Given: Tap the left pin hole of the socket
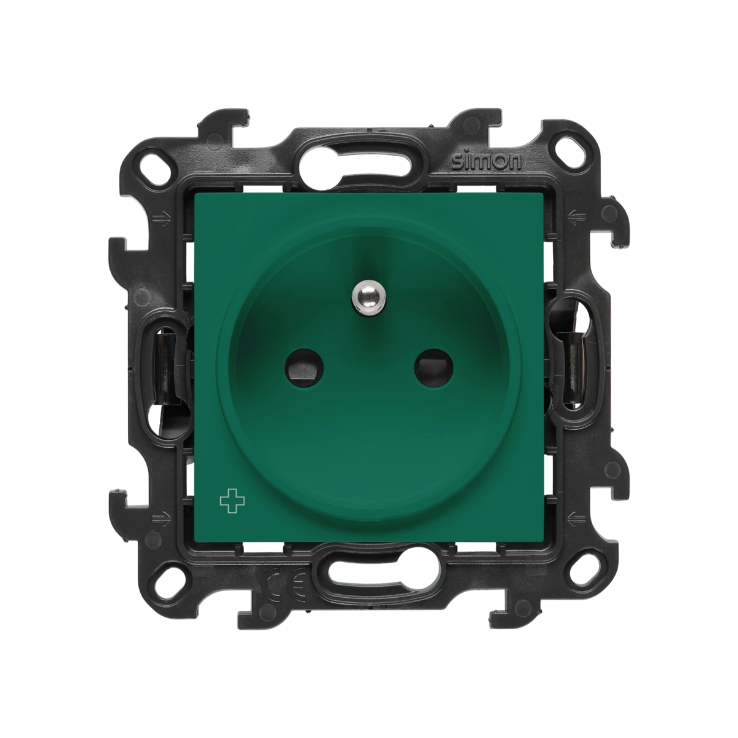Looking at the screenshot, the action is click(304, 368).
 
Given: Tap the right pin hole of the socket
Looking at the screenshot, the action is click(434, 368).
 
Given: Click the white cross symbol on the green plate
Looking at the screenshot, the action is click(232, 504).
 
